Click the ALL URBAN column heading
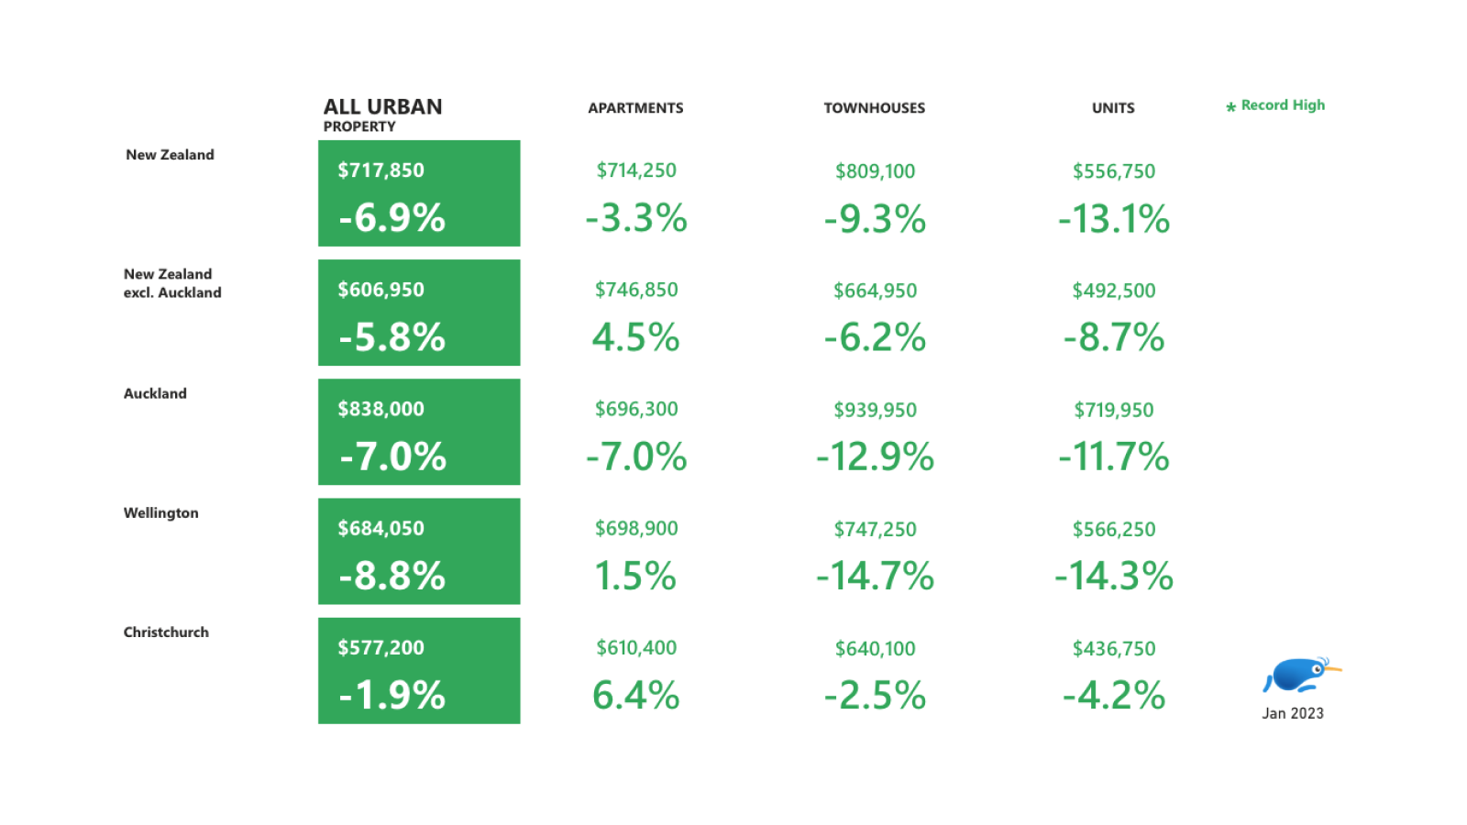click(x=382, y=107)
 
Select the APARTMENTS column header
click(x=635, y=108)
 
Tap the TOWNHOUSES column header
click(x=874, y=108)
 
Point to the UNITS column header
click(x=1113, y=108)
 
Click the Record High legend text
click(x=1282, y=105)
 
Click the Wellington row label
click(x=161, y=512)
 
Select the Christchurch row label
click(x=166, y=632)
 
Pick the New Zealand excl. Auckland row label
click(x=171, y=283)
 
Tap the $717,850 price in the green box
click(x=381, y=170)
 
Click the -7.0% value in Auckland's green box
click(x=392, y=456)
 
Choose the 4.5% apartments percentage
click(x=635, y=337)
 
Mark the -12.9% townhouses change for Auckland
click(x=875, y=456)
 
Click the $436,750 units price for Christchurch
click(x=1114, y=649)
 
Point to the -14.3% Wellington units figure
click(x=1114, y=576)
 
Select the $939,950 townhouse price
click(x=875, y=410)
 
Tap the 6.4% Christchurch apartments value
click(x=635, y=695)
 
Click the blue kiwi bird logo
click(x=1299, y=676)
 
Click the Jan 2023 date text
click(x=1293, y=713)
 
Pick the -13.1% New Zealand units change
click(x=1114, y=219)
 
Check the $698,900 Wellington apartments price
click(x=636, y=529)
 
